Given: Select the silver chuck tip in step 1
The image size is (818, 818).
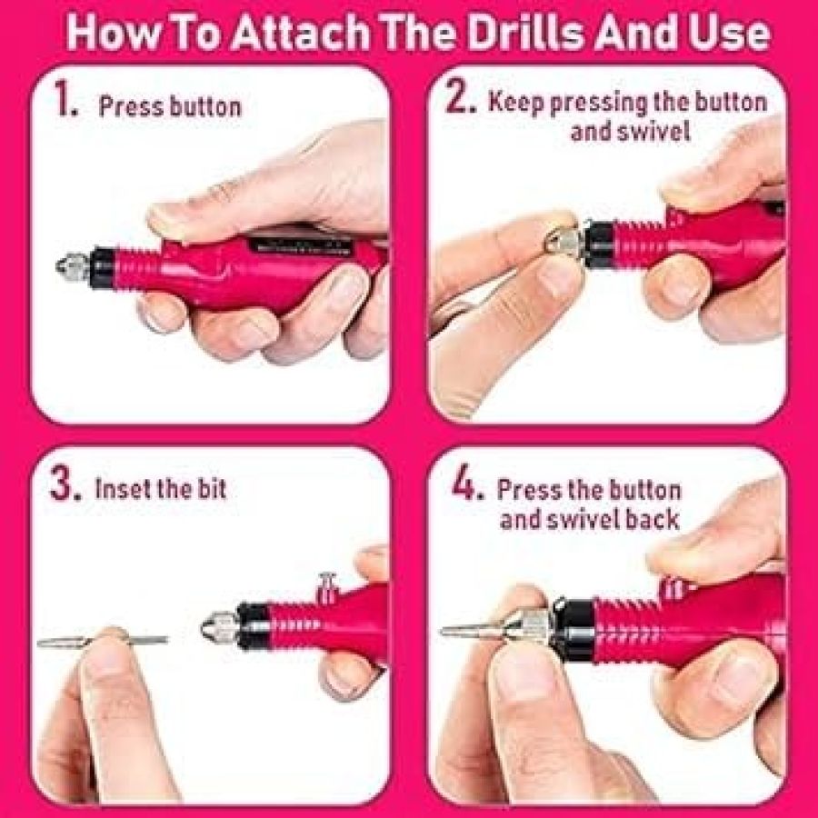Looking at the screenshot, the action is (x=73, y=265).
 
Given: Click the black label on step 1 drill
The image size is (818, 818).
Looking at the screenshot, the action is (x=299, y=245).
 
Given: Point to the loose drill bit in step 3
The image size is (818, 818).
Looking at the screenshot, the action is (x=103, y=641).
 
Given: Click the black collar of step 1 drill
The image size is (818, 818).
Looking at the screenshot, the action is (x=103, y=267).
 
